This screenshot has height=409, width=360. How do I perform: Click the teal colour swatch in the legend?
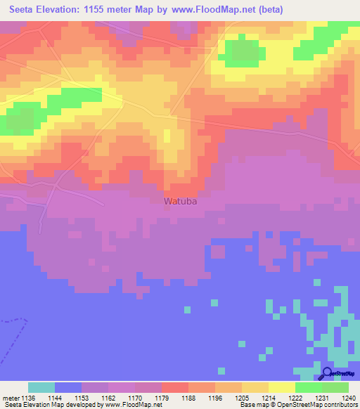(x=41, y=387)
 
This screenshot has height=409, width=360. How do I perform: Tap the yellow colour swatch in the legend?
(x=281, y=387)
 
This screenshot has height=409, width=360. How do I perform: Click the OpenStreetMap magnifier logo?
(x=328, y=375)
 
